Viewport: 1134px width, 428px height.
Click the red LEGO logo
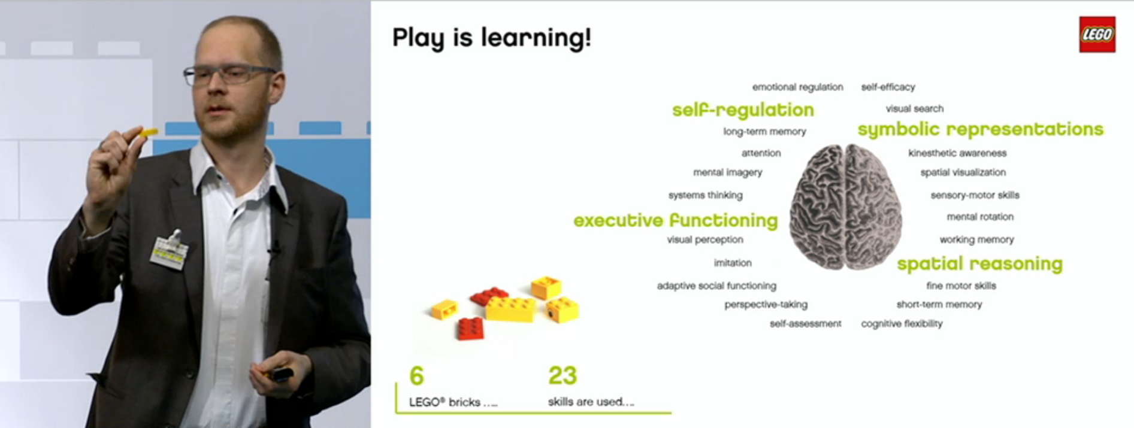click(x=1097, y=34)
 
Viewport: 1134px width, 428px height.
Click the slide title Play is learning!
click(x=491, y=38)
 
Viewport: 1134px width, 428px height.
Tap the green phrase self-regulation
click(x=743, y=110)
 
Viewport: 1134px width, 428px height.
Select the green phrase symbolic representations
click(x=980, y=129)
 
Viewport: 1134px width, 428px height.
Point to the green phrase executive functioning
click(x=676, y=220)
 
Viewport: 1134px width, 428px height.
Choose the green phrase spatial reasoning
click(x=979, y=263)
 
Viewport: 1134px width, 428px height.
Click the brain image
click(x=845, y=207)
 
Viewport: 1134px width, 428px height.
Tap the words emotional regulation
click(x=797, y=87)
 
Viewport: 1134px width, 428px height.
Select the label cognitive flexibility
click(x=902, y=324)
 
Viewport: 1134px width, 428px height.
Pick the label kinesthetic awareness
click(x=957, y=153)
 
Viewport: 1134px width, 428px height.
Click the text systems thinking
click(x=705, y=195)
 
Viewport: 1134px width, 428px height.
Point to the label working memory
click(x=976, y=239)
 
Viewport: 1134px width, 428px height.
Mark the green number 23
click(x=563, y=376)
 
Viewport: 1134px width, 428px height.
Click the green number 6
click(x=416, y=376)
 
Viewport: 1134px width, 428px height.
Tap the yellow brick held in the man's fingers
click(x=147, y=132)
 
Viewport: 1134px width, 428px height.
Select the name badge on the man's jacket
click(x=169, y=252)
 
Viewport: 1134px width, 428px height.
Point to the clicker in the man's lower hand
click(x=280, y=375)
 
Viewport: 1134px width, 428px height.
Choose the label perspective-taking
click(x=766, y=305)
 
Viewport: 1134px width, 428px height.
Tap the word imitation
click(x=732, y=263)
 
